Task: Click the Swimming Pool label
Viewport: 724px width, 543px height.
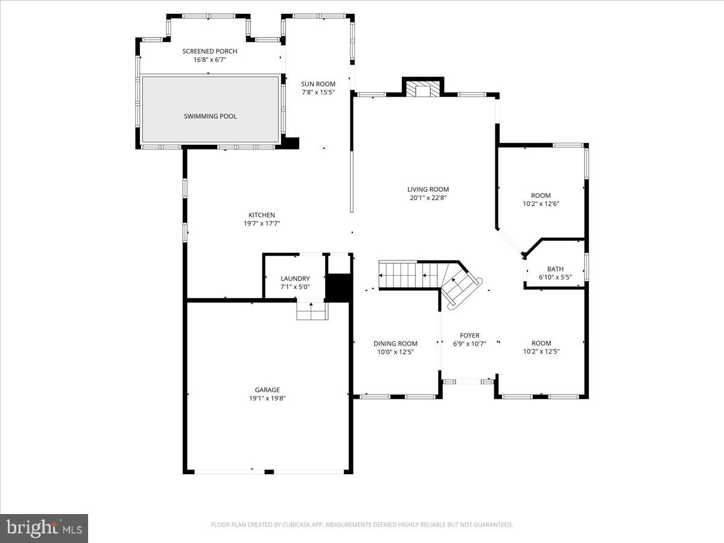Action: (210, 116)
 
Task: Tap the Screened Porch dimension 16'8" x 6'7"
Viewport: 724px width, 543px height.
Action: (209, 60)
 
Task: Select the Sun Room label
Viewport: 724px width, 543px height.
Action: (318, 84)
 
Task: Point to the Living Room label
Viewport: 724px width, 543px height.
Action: (428, 189)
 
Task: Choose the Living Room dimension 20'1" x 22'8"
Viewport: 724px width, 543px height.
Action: (428, 198)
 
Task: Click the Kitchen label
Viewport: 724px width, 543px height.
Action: (261, 215)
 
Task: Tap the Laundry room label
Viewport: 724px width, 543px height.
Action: (295, 278)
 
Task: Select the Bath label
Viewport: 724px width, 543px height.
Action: (555, 269)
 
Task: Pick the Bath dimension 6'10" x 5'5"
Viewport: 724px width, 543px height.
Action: (555, 278)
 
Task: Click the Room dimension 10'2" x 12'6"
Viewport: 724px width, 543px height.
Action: (541, 204)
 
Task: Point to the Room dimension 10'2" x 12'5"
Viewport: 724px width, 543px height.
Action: (541, 352)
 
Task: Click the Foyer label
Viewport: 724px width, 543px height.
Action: (469, 335)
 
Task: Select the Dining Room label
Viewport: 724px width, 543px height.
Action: (395, 343)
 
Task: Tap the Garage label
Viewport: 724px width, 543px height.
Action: (267, 390)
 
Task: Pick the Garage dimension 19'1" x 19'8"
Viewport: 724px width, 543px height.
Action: (267, 398)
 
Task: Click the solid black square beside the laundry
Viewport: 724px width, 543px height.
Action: (338, 287)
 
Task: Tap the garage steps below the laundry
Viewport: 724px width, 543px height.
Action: (311, 311)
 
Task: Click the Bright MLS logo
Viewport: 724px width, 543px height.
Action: (44, 529)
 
